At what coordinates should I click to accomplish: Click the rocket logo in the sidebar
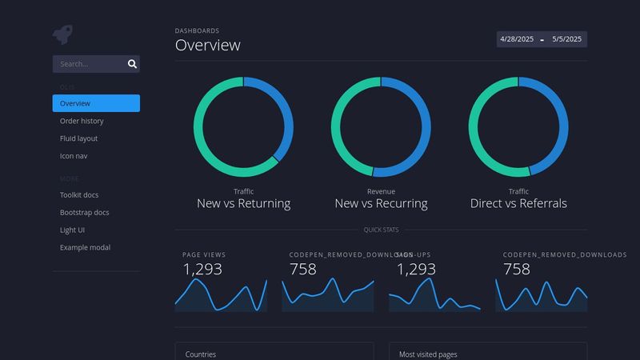[62, 34]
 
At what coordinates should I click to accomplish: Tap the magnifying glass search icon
[132, 64]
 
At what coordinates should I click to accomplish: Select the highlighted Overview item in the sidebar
[75, 103]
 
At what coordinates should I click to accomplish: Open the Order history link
[82, 121]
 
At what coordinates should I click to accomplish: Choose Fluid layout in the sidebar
[78, 138]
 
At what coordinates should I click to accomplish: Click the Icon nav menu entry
[74, 156]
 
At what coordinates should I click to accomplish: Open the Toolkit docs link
[79, 194]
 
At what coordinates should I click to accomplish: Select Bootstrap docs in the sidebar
[84, 212]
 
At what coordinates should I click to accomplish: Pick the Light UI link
[72, 230]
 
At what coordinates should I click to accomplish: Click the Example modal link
[85, 247]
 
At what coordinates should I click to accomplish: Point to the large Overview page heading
[207, 45]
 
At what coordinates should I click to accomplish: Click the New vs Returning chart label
[243, 203]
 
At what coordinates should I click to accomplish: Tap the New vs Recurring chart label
[381, 203]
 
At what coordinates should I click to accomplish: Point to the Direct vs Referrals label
[518, 203]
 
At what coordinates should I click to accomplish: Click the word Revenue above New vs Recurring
[381, 191]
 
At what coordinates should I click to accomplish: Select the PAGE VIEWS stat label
[204, 254]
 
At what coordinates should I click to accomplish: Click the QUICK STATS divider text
[381, 230]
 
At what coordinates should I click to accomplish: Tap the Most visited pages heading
[428, 354]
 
